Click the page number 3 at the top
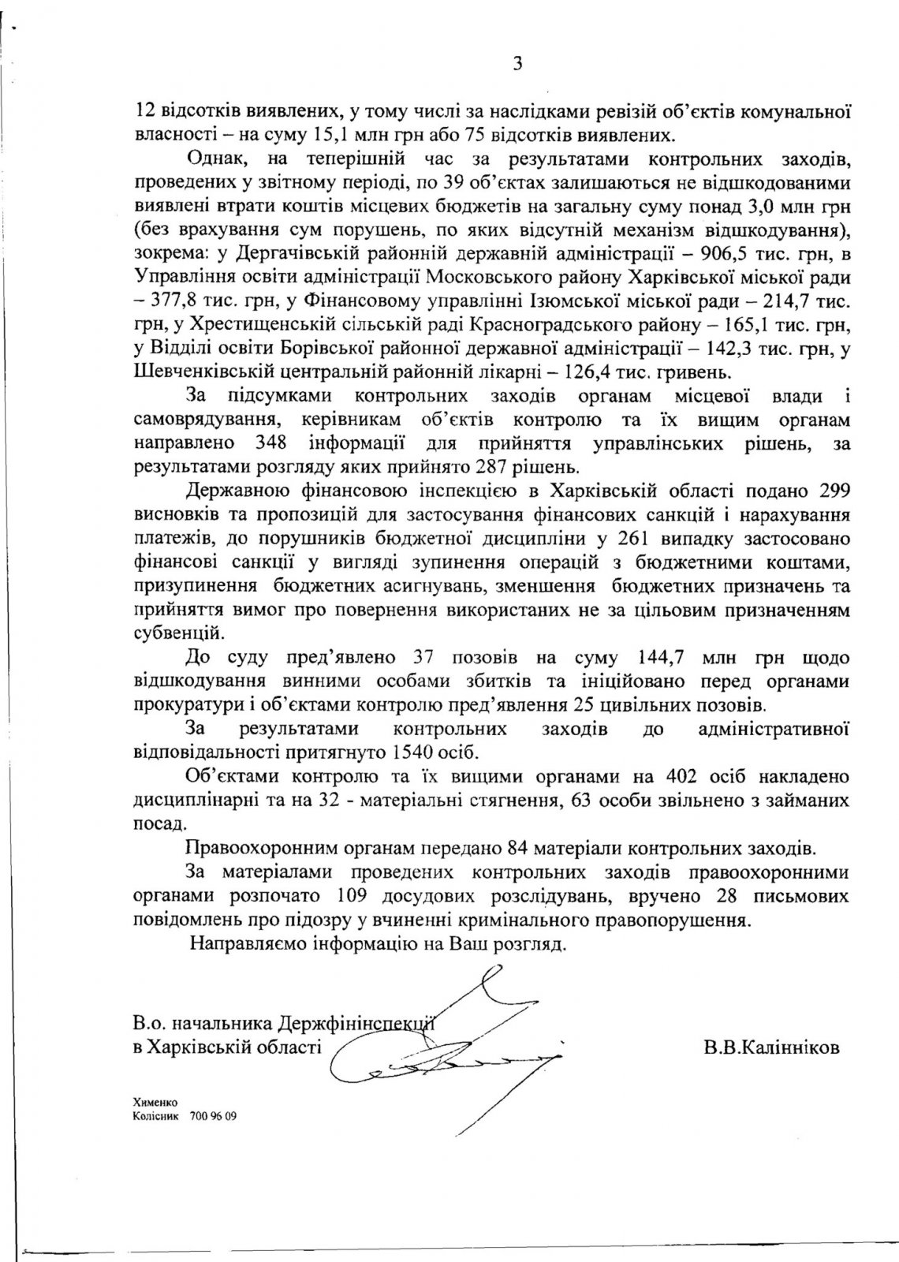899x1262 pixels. (517, 65)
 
